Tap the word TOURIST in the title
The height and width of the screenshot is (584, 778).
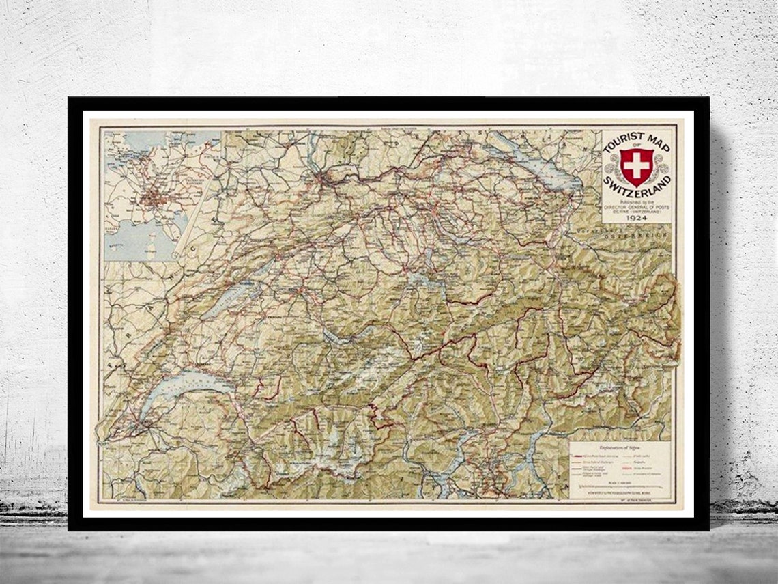(618, 145)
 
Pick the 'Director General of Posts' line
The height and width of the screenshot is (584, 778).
(636, 207)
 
